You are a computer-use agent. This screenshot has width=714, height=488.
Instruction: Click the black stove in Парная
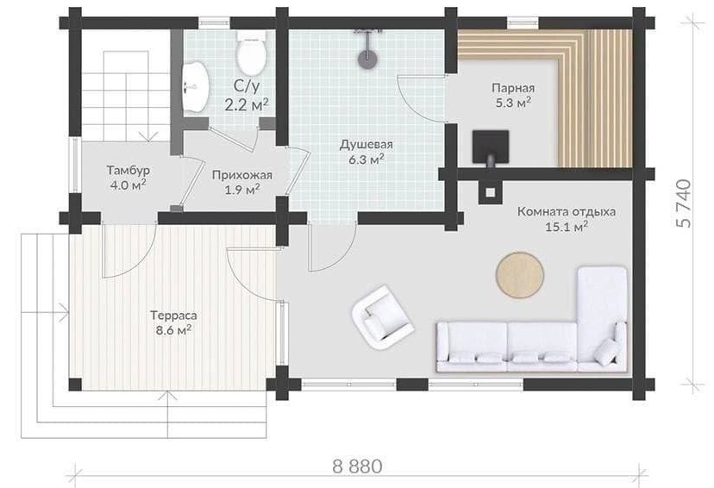point(490,147)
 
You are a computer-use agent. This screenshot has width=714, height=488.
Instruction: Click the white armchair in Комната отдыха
point(383,318)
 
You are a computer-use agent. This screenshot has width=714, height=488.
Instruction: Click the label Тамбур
point(128,170)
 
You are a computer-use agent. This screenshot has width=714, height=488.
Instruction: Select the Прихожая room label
point(241,175)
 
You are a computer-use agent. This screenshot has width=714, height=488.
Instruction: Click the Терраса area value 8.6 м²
point(173,330)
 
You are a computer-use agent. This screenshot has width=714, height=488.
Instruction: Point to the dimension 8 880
point(358,466)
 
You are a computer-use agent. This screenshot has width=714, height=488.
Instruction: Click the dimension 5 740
point(685,203)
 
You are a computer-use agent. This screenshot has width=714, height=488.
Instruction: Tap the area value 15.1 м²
point(567,226)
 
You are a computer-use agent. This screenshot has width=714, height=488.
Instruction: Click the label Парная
point(513,88)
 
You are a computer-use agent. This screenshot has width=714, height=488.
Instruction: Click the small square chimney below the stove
point(490,191)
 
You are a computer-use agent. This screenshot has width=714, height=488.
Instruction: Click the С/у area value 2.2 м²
point(246,105)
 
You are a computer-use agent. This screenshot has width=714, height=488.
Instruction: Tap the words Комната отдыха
point(567,212)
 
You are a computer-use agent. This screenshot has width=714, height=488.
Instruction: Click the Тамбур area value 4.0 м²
point(128,185)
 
